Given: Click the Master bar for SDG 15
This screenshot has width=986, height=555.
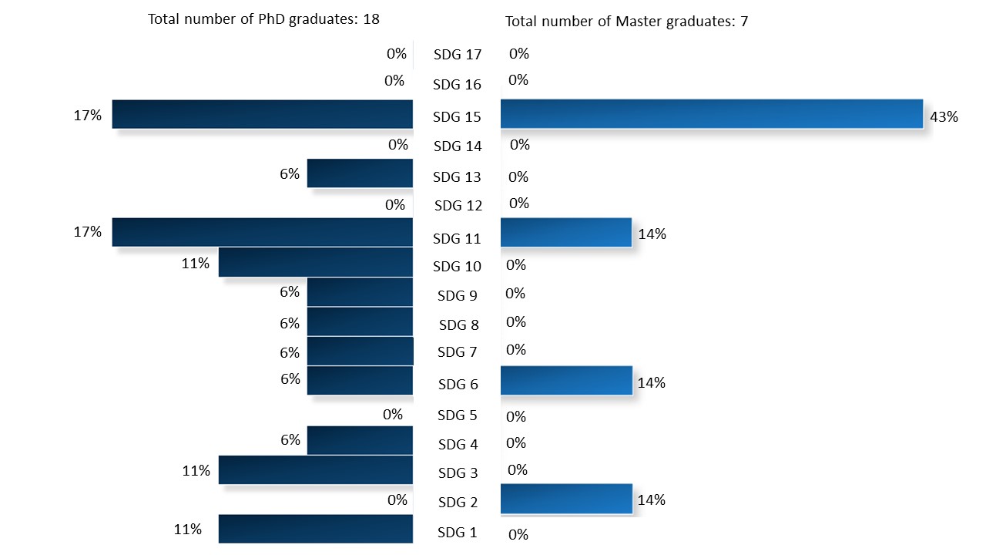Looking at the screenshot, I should (x=712, y=113).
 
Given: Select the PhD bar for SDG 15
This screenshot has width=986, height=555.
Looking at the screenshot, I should (x=263, y=114).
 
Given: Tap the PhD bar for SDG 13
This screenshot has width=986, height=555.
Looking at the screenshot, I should (x=360, y=173).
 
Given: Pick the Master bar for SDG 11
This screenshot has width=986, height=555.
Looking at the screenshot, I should (x=566, y=232).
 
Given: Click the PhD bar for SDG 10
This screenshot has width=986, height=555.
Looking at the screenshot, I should (x=316, y=262).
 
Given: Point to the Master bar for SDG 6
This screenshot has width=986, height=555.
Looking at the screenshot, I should (x=566, y=381).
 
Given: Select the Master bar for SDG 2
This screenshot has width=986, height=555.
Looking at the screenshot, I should (x=566, y=499).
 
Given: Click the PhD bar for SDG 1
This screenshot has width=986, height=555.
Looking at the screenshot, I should (x=316, y=529).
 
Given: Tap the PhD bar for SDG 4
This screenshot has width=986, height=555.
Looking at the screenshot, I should (x=360, y=440).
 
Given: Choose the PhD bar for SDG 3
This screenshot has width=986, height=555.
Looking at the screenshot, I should (x=316, y=470).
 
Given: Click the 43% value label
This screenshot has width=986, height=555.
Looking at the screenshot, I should (x=944, y=117).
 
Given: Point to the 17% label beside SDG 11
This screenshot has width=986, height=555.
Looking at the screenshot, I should (x=87, y=232).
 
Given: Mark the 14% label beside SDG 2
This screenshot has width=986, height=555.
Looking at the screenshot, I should (x=652, y=500).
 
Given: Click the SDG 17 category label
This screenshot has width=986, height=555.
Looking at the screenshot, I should (x=458, y=55).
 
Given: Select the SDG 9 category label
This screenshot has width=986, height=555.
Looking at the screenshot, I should (x=458, y=295).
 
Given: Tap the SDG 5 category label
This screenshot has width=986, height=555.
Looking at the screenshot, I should (x=458, y=415).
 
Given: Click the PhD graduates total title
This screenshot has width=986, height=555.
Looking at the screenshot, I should (x=264, y=19).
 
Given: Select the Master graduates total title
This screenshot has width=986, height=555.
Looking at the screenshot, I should (x=626, y=22).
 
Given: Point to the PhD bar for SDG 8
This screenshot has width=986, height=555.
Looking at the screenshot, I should (x=360, y=321).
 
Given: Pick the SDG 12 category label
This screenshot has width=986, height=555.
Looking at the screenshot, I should (x=458, y=206).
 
